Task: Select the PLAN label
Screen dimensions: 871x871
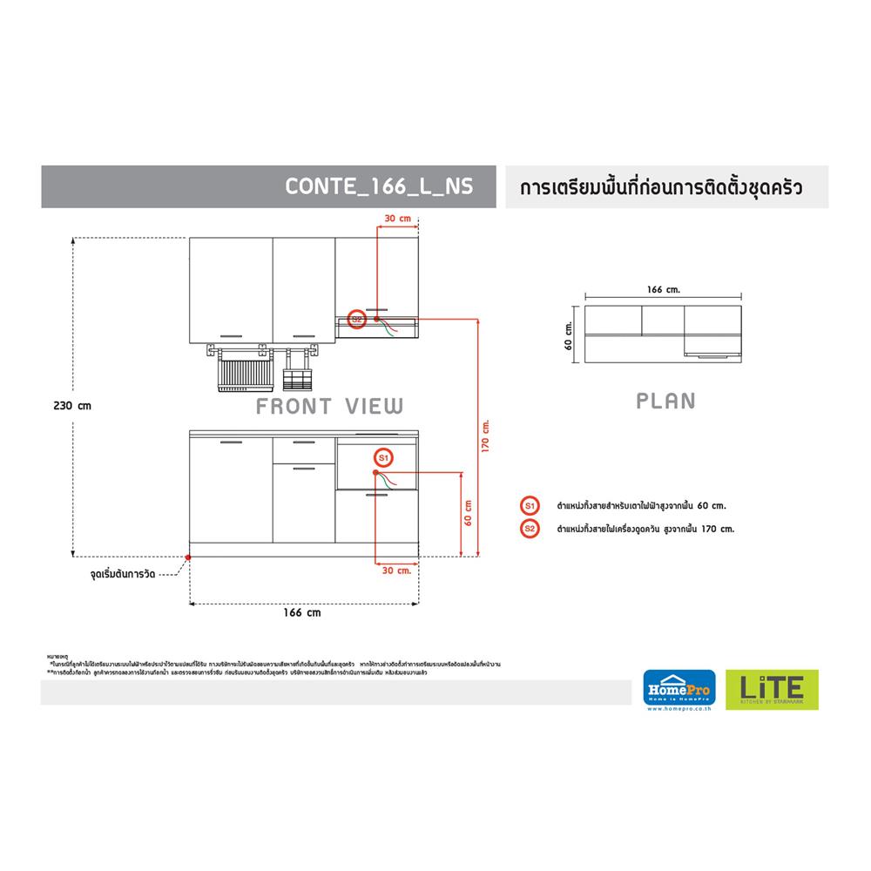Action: click(x=665, y=401)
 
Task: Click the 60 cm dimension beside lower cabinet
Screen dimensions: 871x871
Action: click(x=468, y=514)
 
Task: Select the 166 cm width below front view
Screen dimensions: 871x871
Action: click(x=302, y=612)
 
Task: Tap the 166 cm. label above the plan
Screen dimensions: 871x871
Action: click(x=664, y=289)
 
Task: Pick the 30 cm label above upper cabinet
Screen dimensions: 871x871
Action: click(x=396, y=218)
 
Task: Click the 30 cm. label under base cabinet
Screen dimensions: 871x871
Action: click(x=396, y=571)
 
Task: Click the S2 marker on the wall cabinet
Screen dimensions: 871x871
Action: click(x=355, y=319)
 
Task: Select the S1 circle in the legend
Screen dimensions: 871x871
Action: click(x=529, y=505)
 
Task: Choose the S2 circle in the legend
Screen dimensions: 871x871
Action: click(x=529, y=528)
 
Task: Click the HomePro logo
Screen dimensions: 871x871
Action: click(x=679, y=690)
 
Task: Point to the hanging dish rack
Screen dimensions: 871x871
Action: click(x=240, y=369)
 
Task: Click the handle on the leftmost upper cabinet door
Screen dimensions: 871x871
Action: click(x=232, y=335)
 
